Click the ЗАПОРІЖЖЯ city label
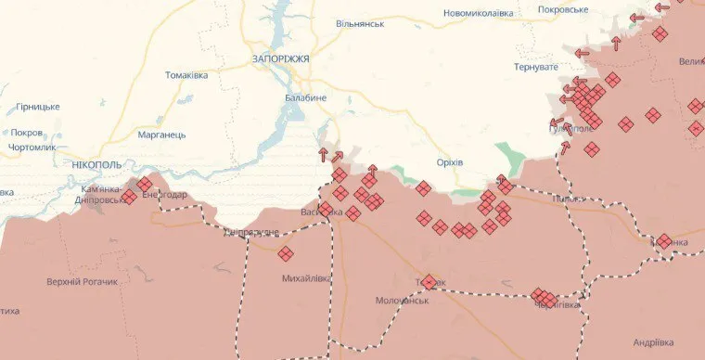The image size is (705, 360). tap(279, 58)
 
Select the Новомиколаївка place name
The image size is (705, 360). tap(477, 13)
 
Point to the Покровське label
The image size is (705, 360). tap(563, 9)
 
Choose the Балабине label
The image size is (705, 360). tap(305, 96)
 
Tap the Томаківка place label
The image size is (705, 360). tap(186, 75)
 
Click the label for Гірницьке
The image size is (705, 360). tap(37, 107)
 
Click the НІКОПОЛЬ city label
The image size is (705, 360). tap(96, 164)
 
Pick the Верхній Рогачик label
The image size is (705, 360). tap(83, 281)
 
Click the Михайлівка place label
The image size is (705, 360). tap(305, 277)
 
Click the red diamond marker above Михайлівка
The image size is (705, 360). tap(286, 253)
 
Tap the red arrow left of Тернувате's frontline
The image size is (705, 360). tap(583, 54)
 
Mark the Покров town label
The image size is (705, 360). tap(27, 133)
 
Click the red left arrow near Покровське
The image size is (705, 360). tap(636, 18)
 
